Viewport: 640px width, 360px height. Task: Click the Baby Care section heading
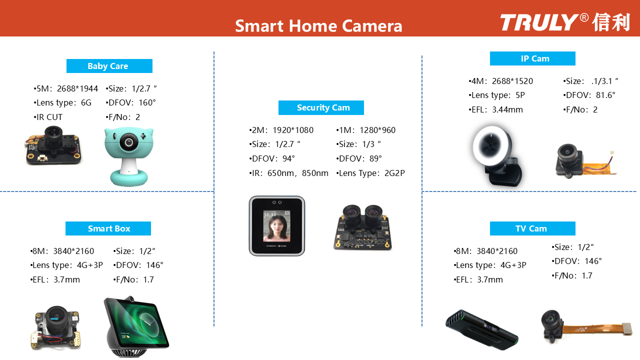(x=109, y=66)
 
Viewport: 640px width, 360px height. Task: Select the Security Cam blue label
(x=321, y=107)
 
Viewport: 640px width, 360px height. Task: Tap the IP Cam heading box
(x=532, y=58)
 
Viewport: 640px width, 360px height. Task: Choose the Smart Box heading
(x=108, y=228)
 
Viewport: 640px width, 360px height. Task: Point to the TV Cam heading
(x=532, y=228)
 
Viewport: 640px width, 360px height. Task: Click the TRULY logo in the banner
(x=565, y=22)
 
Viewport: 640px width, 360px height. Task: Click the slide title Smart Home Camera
(x=318, y=26)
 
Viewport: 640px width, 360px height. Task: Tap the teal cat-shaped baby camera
(x=129, y=156)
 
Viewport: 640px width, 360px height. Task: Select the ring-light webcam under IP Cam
(x=497, y=155)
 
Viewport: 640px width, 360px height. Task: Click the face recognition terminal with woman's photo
(x=277, y=225)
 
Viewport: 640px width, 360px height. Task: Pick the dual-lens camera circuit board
(x=362, y=227)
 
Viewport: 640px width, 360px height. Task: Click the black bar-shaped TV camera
(x=481, y=329)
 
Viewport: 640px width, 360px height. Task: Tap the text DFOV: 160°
(x=131, y=102)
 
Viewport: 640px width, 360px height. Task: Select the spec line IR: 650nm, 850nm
(x=288, y=173)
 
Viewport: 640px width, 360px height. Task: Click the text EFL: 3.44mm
(x=495, y=109)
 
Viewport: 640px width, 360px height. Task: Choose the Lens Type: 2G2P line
(x=370, y=173)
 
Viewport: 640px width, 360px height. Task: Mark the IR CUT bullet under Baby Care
(x=48, y=117)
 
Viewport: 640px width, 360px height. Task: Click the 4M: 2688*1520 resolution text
(x=501, y=81)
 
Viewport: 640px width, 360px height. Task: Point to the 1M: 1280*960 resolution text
(x=365, y=130)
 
